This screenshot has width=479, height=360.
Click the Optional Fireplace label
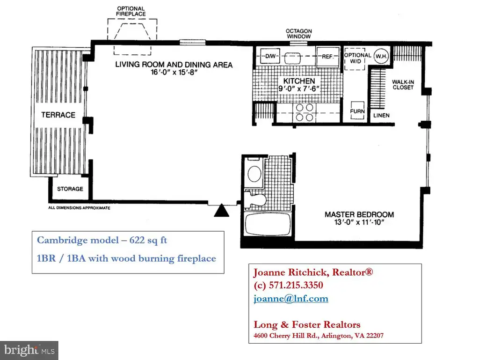click(x=131, y=11)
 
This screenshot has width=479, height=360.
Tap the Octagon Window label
click(x=299, y=34)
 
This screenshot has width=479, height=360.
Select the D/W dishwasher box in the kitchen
click(x=270, y=56)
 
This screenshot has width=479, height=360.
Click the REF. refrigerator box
click(x=328, y=57)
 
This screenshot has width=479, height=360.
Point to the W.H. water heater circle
click(x=381, y=56)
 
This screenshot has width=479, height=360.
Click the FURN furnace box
click(x=357, y=110)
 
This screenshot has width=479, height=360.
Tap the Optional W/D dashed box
click(x=355, y=59)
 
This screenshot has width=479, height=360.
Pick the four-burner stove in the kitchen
click(x=305, y=112)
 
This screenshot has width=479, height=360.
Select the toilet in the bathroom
click(x=255, y=199)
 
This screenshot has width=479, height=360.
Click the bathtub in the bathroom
click(x=268, y=224)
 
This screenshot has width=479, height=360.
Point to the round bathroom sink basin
click(x=254, y=174)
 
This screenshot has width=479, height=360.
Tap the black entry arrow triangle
click(x=221, y=211)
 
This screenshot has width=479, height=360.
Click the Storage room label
click(x=70, y=189)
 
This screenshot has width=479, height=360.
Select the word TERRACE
click(x=58, y=115)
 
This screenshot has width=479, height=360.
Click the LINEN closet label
click(x=381, y=115)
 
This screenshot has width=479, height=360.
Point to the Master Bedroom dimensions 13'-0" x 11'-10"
click(x=359, y=222)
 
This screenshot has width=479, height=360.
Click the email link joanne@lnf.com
click(x=291, y=298)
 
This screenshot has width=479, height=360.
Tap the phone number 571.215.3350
click(x=296, y=285)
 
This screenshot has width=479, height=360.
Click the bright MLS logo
click(x=29, y=350)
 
